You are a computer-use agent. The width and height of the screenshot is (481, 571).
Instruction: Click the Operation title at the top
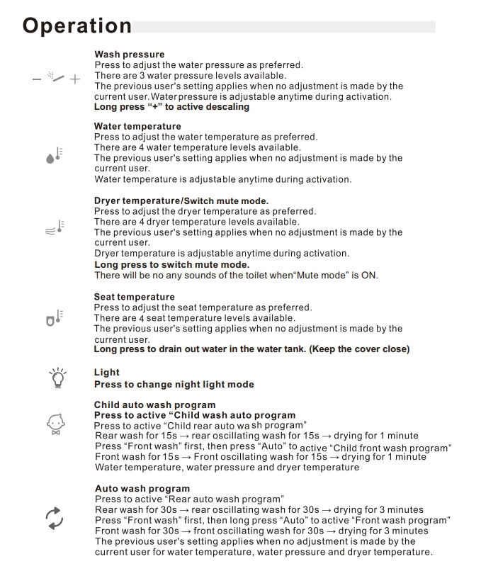coord(77,26)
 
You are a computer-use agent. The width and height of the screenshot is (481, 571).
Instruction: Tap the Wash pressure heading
coord(129,55)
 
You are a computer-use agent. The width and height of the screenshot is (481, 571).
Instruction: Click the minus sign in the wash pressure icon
coord(37,79)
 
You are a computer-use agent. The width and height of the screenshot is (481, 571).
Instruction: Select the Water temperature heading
coord(137,126)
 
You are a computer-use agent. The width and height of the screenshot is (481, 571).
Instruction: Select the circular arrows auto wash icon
coord(55,518)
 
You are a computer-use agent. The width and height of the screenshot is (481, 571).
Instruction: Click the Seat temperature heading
coord(134,297)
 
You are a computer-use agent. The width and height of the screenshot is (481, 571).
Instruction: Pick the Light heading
coord(107,373)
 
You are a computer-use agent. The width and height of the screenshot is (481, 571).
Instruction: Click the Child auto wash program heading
coord(155,405)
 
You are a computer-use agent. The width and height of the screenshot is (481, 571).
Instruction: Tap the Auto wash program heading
coord(142,488)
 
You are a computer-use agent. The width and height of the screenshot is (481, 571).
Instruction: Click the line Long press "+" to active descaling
coord(171,107)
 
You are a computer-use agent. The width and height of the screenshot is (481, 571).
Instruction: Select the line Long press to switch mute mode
coord(171,264)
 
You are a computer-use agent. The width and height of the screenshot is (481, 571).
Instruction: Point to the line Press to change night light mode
coord(174,385)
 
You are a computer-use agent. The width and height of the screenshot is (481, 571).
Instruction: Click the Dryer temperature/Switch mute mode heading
coord(181,200)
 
